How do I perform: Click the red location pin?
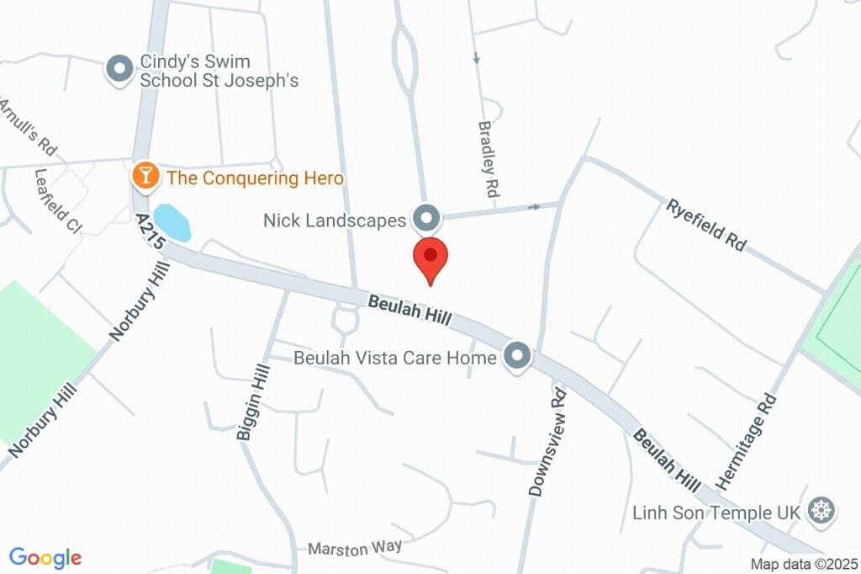point(430,258)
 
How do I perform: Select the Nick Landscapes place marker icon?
point(427,219)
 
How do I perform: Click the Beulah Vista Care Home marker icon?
point(516,356)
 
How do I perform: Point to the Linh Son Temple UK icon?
point(820,510)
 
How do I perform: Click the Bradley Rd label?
point(489,159)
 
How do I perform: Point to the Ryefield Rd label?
point(706,224)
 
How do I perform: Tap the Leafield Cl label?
point(57,199)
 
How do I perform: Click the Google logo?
point(45,557)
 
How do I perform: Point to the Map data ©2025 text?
point(804,564)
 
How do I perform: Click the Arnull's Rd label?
point(27,127)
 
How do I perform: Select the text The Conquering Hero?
point(255,178)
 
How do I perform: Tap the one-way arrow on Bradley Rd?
point(477,58)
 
